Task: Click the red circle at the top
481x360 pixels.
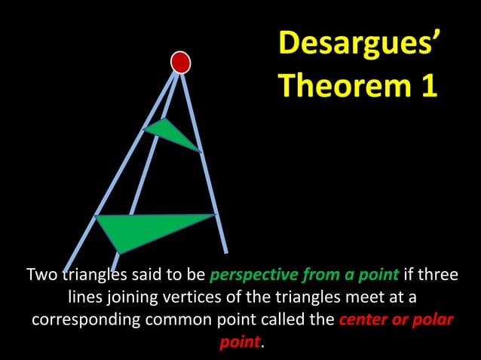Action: (180, 62)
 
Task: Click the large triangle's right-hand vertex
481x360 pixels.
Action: (215, 216)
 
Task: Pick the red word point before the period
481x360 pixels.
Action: (239, 342)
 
